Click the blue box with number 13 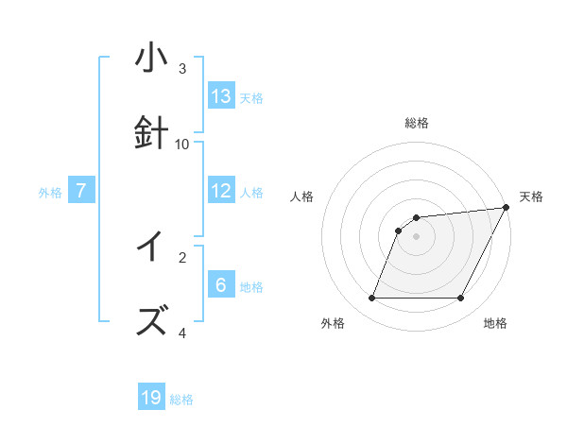pyautogui.click(x=221, y=96)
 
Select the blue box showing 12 pyautogui.click(x=221, y=191)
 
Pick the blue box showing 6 pyautogui.click(x=221, y=285)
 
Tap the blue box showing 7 pyautogui.click(x=81, y=191)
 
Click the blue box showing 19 pyautogui.click(x=151, y=398)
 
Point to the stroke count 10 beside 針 pyautogui.click(x=182, y=144)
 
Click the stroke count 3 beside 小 pyautogui.click(x=182, y=68)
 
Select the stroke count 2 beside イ pyautogui.click(x=182, y=256)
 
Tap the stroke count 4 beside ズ pyautogui.click(x=182, y=333)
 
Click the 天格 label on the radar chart pyautogui.click(x=531, y=196)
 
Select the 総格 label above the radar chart pyautogui.click(x=417, y=123)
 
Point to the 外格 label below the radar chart pyautogui.click(x=333, y=323)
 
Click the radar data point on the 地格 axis pyautogui.click(x=461, y=299)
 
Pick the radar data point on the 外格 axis pyautogui.click(x=371, y=299)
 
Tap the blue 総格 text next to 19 pyautogui.click(x=181, y=400)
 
